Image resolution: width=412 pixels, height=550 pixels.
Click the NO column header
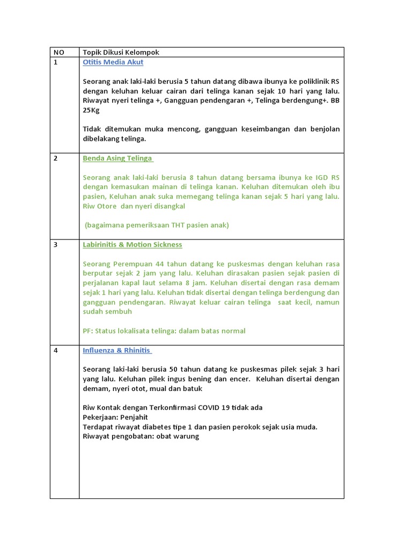coord(58,52)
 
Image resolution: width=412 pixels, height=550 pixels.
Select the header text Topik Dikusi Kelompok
coord(121,52)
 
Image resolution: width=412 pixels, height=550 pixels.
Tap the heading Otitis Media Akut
coord(113,62)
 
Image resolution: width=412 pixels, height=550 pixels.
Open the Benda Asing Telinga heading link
coord(117,158)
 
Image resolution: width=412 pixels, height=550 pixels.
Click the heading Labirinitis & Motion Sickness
coord(133,244)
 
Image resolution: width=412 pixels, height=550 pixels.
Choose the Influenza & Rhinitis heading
coord(117,350)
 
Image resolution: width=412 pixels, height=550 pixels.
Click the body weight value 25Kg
coord(91,110)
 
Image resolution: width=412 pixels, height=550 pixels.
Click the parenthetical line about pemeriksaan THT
coord(157,225)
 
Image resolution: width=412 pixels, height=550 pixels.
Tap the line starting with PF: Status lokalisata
coord(164,331)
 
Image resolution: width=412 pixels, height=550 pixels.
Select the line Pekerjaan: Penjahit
coord(115,417)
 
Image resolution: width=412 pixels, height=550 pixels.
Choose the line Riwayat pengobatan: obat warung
coord(141,436)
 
